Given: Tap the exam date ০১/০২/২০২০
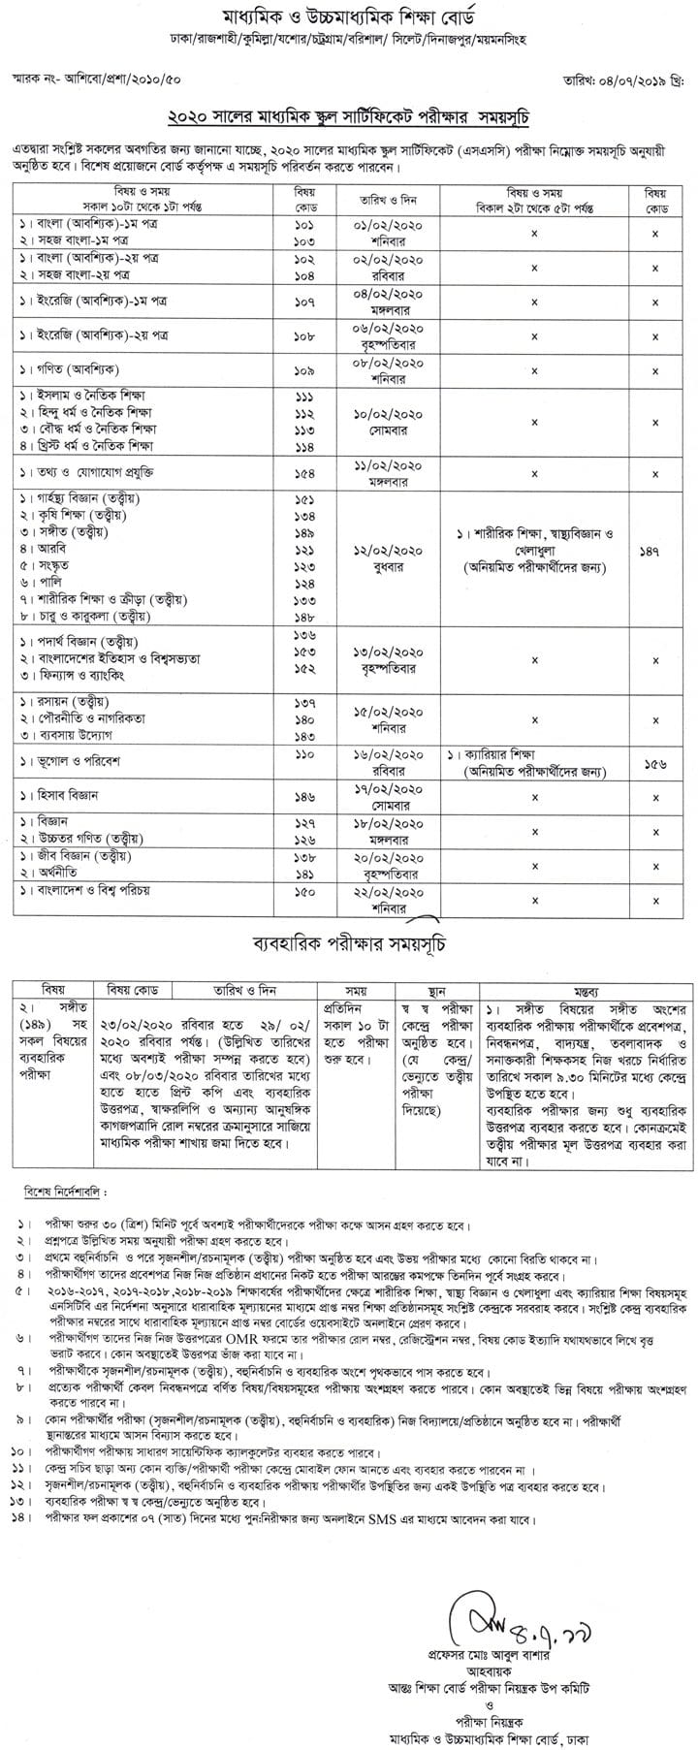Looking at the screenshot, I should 390,224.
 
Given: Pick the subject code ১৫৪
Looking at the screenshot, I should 304,472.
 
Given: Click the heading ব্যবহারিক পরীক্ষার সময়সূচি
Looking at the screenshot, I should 349,941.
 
